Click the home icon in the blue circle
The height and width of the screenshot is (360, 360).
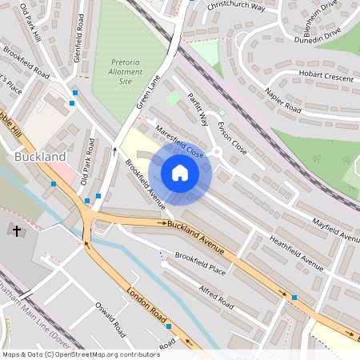[x=180, y=173]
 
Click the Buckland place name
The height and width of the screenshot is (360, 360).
[x=40, y=158]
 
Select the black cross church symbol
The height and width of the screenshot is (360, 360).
[x=17, y=231]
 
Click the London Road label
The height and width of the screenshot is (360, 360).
[x=148, y=306]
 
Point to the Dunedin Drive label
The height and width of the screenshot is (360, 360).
[x=317, y=34]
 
